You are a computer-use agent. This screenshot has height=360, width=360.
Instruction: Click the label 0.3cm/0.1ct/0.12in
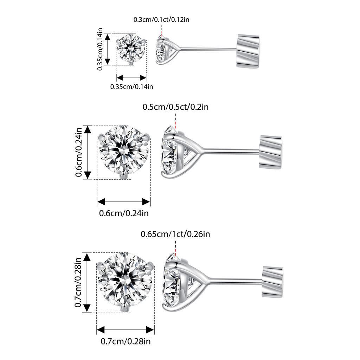pos(161,20)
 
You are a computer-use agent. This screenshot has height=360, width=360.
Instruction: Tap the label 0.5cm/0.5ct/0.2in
pos(176,107)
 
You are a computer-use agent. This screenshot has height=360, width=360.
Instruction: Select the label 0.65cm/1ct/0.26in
pos(175,234)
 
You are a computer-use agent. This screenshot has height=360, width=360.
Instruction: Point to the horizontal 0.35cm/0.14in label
pos(131,87)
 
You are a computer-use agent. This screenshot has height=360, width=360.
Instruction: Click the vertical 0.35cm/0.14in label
pos(100,49)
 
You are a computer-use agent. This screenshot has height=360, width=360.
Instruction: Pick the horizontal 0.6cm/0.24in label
pos(124,213)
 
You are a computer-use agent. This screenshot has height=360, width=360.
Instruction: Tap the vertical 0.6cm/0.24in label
pos(78,152)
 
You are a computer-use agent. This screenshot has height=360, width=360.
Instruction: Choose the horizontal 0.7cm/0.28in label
pos(126,341)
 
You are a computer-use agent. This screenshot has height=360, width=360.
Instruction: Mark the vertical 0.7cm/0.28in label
pos(78,282)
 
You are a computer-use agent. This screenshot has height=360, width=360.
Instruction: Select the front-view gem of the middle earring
pos(124,152)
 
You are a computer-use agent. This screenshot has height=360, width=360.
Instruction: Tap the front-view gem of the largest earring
pos(125,282)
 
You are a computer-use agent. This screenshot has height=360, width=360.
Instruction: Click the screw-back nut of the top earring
pos(248,51)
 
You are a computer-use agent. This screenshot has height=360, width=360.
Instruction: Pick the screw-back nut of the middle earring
pos(271,152)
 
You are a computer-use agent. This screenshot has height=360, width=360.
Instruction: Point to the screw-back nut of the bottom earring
pos(272,282)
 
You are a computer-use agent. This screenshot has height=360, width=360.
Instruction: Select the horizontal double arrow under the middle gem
pos(123,202)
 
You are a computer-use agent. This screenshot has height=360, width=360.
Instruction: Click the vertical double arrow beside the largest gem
pos(87,282)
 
